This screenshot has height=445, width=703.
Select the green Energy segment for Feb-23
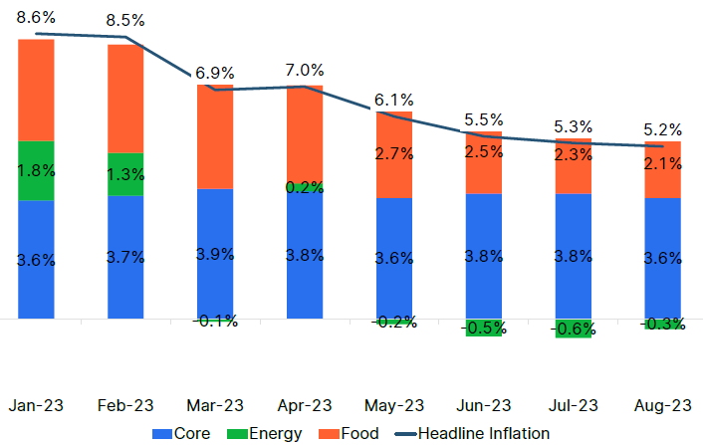tap(125, 174)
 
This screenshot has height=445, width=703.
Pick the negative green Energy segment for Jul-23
tap(574, 329)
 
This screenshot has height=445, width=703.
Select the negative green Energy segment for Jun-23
tap(484, 328)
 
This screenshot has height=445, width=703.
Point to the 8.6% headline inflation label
tap(36, 18)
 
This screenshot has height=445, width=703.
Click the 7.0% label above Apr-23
tap(305, 70)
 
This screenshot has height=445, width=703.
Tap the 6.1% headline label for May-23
tap(394, 100)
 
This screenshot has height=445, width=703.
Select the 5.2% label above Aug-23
tap(663, 129)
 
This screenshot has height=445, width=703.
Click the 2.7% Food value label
tap(394, 153)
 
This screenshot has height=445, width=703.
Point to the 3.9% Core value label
tap(215, 254)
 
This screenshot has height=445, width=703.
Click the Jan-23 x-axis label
tap(36, 405)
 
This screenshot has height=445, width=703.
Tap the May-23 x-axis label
tap(394, 405)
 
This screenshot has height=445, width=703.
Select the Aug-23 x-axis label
tap(663, 405)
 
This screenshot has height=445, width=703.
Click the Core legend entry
tap(181, 433)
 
